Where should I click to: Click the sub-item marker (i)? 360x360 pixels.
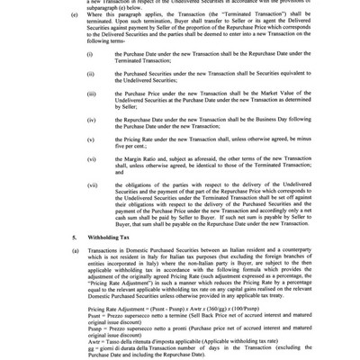[88, 56]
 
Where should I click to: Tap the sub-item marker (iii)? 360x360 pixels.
[90, 103]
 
